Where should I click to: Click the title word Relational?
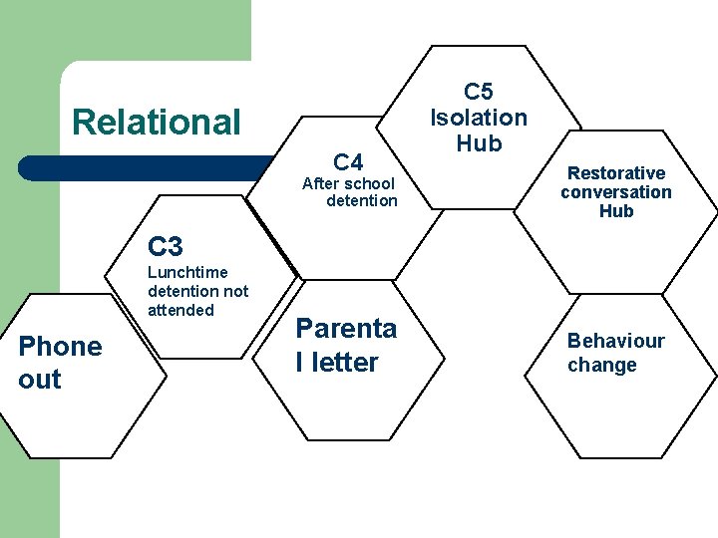(x=157, y=123)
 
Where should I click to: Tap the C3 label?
(x=166, y=245)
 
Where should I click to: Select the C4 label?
(x=349, y=161)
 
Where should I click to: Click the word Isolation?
(x=478, y=118)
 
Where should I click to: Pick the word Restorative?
(x=616, y=173)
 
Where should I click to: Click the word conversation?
(x=616, y=192)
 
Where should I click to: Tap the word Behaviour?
(x=615, y=341)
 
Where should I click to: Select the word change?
(x=601, y=365)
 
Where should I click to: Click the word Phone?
(x=60, y=347)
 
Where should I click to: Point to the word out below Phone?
(x=40, y=380)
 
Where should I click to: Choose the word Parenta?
(x=346, y=329)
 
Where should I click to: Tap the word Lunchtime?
(x=187, y=272)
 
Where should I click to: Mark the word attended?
(x=180, y=310)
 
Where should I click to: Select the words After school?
(x=348, y=183)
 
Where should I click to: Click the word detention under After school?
(x=361, y=201)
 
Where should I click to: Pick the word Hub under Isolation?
(x=478, y=142)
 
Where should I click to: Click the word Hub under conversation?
(x=616, y=211)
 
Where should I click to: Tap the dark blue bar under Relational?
(x=150, y=167)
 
